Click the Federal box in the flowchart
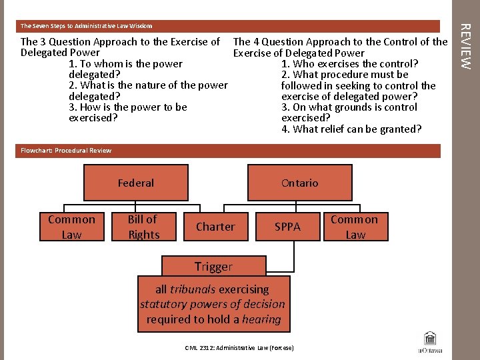[136, 183]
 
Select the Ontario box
[299, 183]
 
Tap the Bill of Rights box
[144, 227]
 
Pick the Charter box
[215, 227]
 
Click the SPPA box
[287, 227]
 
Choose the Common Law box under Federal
[71, 227]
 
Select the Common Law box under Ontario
[354, 227]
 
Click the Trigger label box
[213, 267]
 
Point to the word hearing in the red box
[261, 319]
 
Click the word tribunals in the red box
[193, 289]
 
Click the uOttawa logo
[430, 342]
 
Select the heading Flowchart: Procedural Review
[66, 151]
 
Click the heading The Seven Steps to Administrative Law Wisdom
[87, 26]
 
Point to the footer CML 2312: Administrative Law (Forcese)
[239, 348]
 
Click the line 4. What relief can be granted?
[351, 129]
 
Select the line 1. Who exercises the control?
[350, 64]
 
